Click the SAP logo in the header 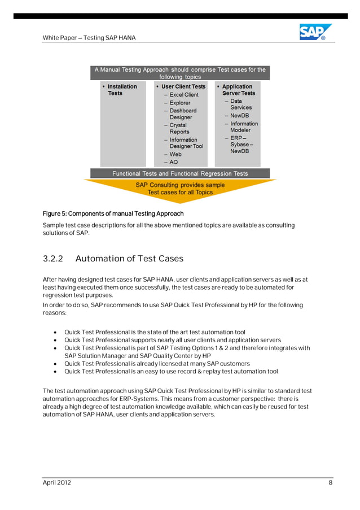click(x=315, y=32)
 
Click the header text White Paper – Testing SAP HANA click(x=89, y=38)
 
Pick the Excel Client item click(x=183, y=95)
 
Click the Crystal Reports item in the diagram click(x=179, y=128)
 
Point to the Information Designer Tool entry click(x=186, y=143)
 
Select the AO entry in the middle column click(x=173, y=162)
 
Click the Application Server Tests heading click(x=238, y=90)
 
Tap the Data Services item click(x=240, y=104)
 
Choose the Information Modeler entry click(x=243, y=127)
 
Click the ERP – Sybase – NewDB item click(x=242, y=145)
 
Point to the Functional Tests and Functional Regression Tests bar click(x=180, y=173)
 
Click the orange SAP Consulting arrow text click(x=180, y=189)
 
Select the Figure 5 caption click(x=113, y=213)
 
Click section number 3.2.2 click(x=51, y=259)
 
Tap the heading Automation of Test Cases click(x=129, y=259)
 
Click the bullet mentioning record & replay click(x=171, y=372)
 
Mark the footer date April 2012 click(x=57, y=482)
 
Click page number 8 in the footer click(x=330, y=482)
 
